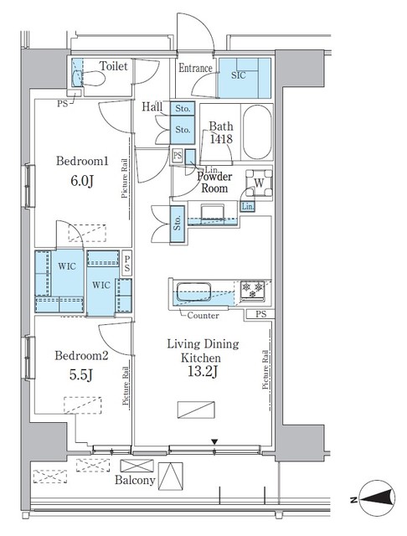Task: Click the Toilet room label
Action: click(113, 66)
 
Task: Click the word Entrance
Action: click(196, 69)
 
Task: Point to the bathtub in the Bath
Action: click(256, 133)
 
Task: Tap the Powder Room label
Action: click(214, 183)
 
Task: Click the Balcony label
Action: click(135, 481)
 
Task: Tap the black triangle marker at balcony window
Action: click(214, 442)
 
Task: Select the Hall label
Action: click(152, 106)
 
